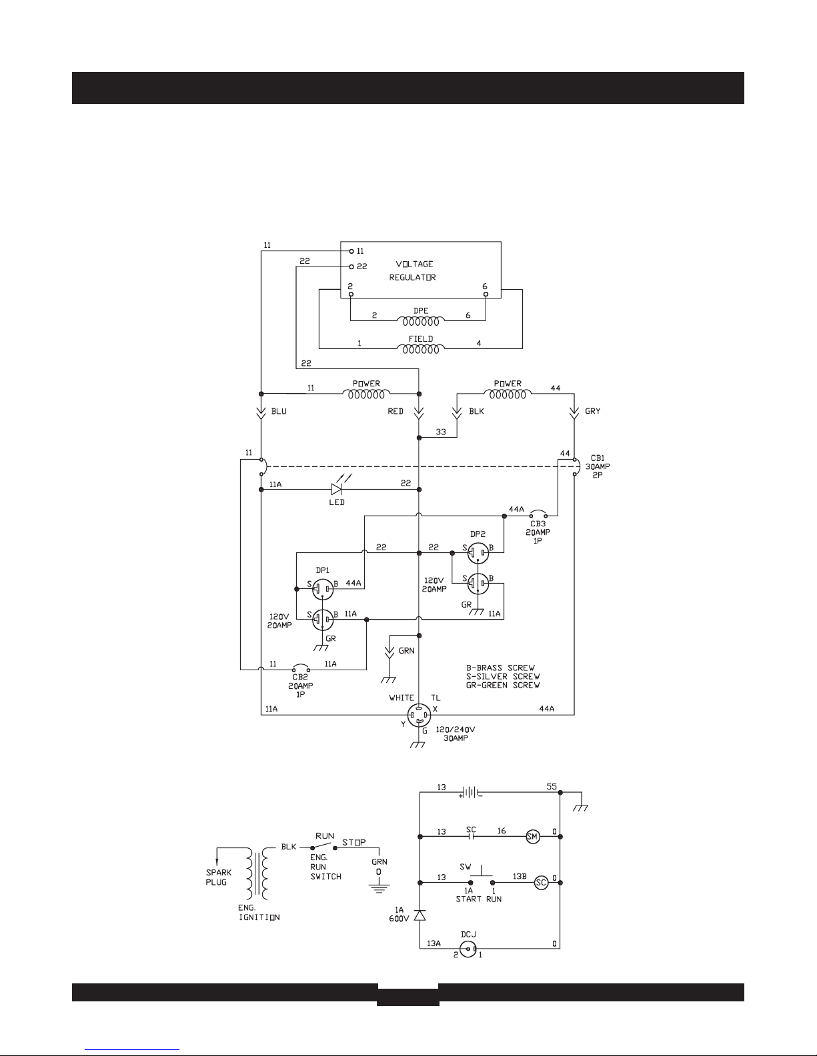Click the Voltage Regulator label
coord(412,270)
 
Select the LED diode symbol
coord(336,490)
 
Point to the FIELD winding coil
coord(420,350)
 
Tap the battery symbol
coord(470,793)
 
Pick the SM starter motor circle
coord(532,837)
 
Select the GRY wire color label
coord(592,411)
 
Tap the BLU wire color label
coord(279,411)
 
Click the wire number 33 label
coord(441,432)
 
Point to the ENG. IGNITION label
coord(259,913)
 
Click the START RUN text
coord(478,899)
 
